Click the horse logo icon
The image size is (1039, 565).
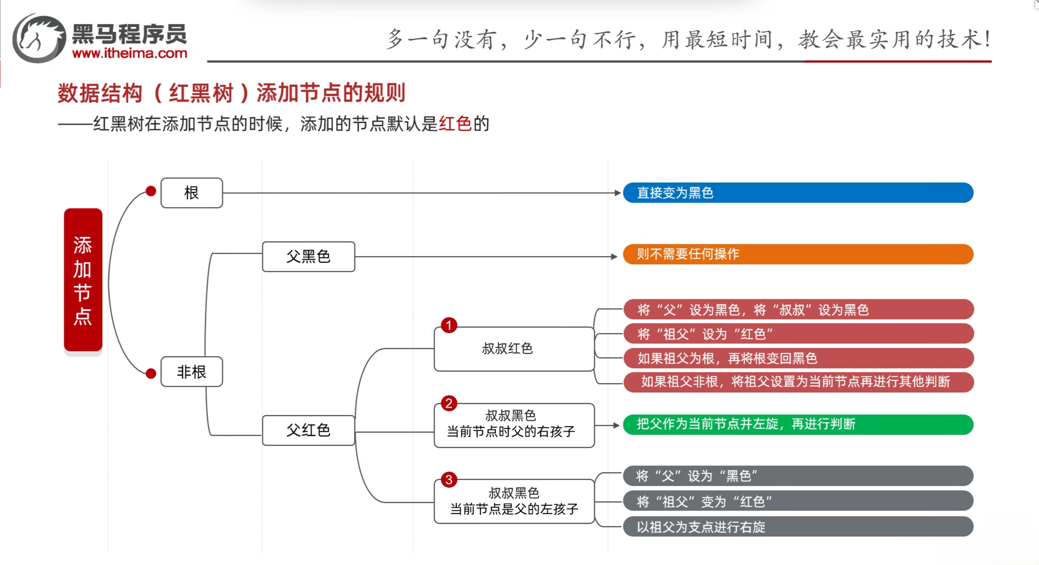39,39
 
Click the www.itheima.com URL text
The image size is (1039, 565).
130,54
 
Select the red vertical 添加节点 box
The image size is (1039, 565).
83,280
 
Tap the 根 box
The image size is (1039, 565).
192,193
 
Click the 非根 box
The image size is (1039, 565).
192,372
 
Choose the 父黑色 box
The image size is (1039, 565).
309,257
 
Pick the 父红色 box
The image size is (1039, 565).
309,430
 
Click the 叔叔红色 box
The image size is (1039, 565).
514,349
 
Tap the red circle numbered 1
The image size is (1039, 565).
449,325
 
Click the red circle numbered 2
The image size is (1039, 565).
449,403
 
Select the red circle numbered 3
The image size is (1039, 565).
449,480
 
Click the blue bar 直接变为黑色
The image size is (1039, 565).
798,193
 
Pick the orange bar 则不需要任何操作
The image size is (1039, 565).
798,254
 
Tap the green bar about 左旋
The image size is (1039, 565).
798,424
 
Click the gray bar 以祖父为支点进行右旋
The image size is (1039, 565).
798,527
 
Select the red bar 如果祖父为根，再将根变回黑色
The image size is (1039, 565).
798,358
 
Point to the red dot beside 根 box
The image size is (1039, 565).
151,191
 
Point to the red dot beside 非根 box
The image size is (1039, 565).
151,374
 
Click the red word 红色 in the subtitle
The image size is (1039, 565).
455,124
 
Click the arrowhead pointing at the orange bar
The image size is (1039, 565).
614,257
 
